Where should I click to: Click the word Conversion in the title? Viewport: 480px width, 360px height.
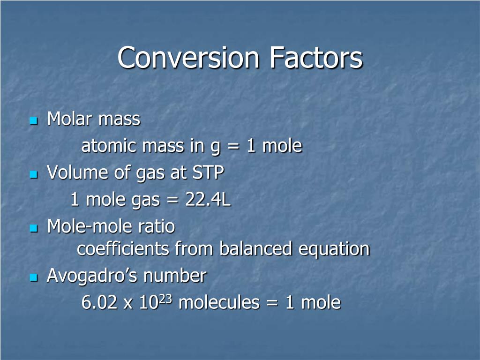(188, 58)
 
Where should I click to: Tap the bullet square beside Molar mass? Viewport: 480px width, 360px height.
(33, 121)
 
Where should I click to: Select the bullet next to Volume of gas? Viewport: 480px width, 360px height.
(33, 175)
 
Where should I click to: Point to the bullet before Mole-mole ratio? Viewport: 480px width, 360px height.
(33, 229)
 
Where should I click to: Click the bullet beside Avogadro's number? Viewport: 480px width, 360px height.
(33, 278)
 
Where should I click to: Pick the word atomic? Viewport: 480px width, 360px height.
(109, 146)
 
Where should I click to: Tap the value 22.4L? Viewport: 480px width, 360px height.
(208, 200)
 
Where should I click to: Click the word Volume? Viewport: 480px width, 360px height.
(78, 173)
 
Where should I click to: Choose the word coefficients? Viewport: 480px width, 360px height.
(123, 249)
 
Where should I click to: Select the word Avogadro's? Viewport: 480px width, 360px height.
(92, 276)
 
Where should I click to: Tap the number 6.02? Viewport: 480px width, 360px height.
(99, 303)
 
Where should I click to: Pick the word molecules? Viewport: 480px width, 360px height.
(219, 303)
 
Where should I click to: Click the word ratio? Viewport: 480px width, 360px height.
(156, 227)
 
